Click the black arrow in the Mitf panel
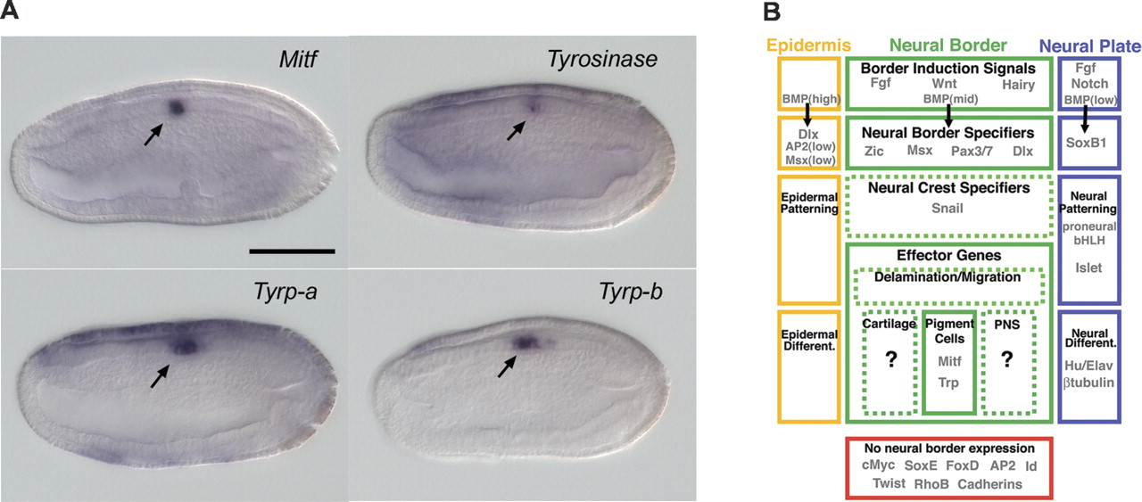[153, 135]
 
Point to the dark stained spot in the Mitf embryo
[176, 108]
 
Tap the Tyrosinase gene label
[602, 60]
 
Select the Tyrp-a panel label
[285, 292]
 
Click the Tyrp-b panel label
[631, 292]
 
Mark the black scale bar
[292, 251]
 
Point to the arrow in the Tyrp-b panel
[508, 366]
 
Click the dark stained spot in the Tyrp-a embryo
[185, 346]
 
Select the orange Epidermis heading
[808, 45]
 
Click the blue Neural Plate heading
[1090, 45]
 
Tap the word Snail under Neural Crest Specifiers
[948, 208]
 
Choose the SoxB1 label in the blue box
[1087, 143]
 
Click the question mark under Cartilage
[890, 360]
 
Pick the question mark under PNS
[1006, 360]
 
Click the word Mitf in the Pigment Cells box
[949, 361]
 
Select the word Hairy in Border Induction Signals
[1018, 85]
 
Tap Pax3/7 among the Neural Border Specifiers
[972, 152]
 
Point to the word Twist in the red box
[890, 483]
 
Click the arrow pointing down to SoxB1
[1085, 119]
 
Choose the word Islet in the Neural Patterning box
[1088, 267]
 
